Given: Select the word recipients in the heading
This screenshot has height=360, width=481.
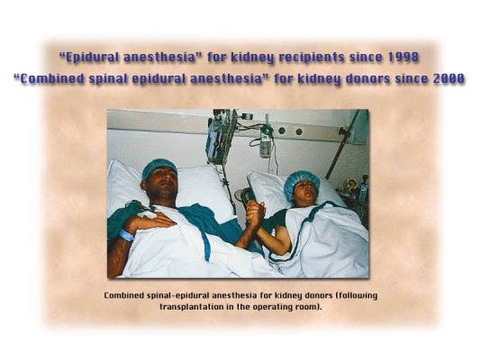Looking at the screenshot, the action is click(x=312, y=58).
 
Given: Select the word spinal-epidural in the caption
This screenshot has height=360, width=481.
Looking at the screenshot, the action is click(x=178, y=296).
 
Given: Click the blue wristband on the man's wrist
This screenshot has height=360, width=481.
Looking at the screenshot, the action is click(x=126, y=236).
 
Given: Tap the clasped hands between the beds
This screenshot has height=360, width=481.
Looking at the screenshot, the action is click(x=255, y=212).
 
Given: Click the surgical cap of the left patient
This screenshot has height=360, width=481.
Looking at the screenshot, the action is click(x=159, y=167).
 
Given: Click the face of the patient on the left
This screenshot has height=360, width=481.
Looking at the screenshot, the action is click(x=162, y=184).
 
